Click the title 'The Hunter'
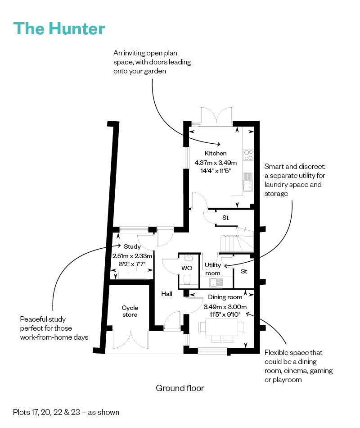pos(59,28)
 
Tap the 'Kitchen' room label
pos(216,154)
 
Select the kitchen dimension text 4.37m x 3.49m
pos(216,162)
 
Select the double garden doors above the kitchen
pos(216,114)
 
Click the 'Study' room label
pos(132,247)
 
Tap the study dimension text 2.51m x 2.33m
pos(132,256)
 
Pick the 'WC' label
pos(186,269)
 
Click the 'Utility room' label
pos(213,269)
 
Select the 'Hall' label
pos(167,294)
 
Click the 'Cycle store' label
pos(130,311)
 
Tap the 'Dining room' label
pos(225,297)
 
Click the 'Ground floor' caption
pos(180,388)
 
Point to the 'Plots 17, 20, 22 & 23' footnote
pos(66,412)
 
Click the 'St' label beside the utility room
pos(244,271)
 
